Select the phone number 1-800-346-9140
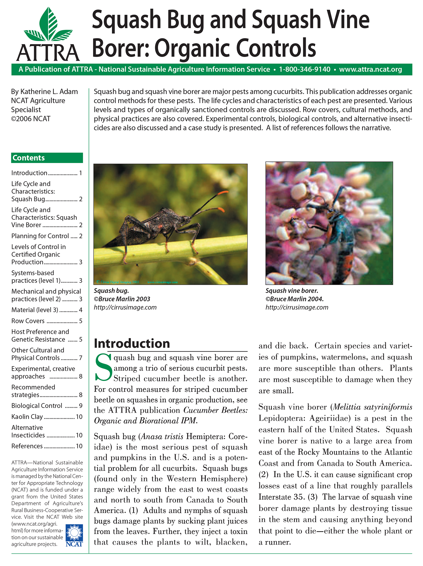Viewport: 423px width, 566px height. [305, 69]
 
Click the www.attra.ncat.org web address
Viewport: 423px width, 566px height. [370, 69]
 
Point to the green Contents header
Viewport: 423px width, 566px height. [47, 158]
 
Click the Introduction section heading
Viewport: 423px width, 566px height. [132, 343]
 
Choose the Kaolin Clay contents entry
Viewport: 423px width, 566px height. [27, 416]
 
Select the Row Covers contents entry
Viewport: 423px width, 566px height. [28, 321]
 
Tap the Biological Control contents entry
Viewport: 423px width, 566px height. [37, 406]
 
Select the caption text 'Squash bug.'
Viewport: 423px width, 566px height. [111, 290]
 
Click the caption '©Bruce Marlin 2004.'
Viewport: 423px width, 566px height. [294, 299]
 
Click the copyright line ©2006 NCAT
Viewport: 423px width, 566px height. [31, 119]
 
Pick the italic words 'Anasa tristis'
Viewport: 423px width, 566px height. [162, 436]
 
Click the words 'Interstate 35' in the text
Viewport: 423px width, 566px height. [281, 497]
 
